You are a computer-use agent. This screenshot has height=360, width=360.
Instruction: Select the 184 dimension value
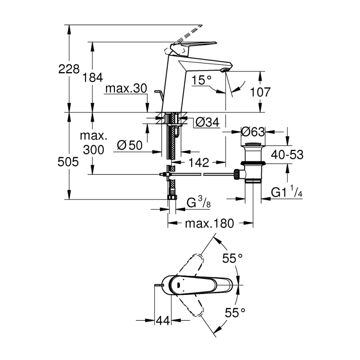[x=93, y=78]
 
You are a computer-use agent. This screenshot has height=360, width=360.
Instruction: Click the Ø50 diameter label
[x=130, y=145]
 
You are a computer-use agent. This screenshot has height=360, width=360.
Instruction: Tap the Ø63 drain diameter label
[x=254, y=131]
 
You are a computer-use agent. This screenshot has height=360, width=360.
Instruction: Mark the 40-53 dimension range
[x=287, y=154]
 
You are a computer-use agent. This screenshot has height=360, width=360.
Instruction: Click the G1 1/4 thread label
[x=286, y=193]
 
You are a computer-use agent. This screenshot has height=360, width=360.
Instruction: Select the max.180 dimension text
[x=209, y=224]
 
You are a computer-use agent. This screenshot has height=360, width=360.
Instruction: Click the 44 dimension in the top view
[x=163, y=320]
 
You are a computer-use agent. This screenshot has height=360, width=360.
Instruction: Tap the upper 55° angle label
[x=233, y=258]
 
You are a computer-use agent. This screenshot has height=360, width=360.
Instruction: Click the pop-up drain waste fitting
[x=253, y=162]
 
